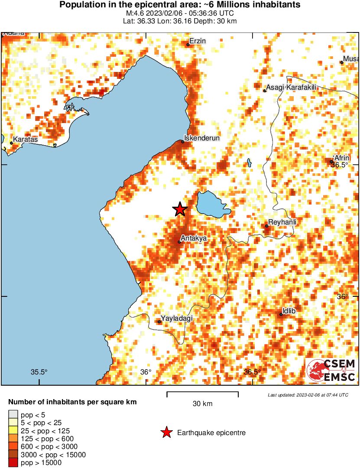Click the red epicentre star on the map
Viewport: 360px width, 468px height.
[x=180, y=210]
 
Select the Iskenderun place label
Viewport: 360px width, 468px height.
[x=202, y=138]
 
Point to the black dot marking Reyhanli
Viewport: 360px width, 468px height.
[x=267, y=226]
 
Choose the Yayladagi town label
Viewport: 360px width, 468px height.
[x=177, y=318]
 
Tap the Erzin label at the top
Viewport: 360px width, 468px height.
[x=198, y=41]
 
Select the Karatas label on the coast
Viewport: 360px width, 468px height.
[x=26, y=140]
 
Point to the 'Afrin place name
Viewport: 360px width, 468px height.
[x=341, y=158]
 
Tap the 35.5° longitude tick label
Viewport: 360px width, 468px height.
[x=39, y=372]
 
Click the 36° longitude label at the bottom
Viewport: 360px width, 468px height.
[x=146, y=372]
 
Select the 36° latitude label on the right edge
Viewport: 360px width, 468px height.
[x=342, y=296]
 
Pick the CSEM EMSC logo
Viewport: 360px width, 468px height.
[x=331, y=370]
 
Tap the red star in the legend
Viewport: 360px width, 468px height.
[x=166, y=432]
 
